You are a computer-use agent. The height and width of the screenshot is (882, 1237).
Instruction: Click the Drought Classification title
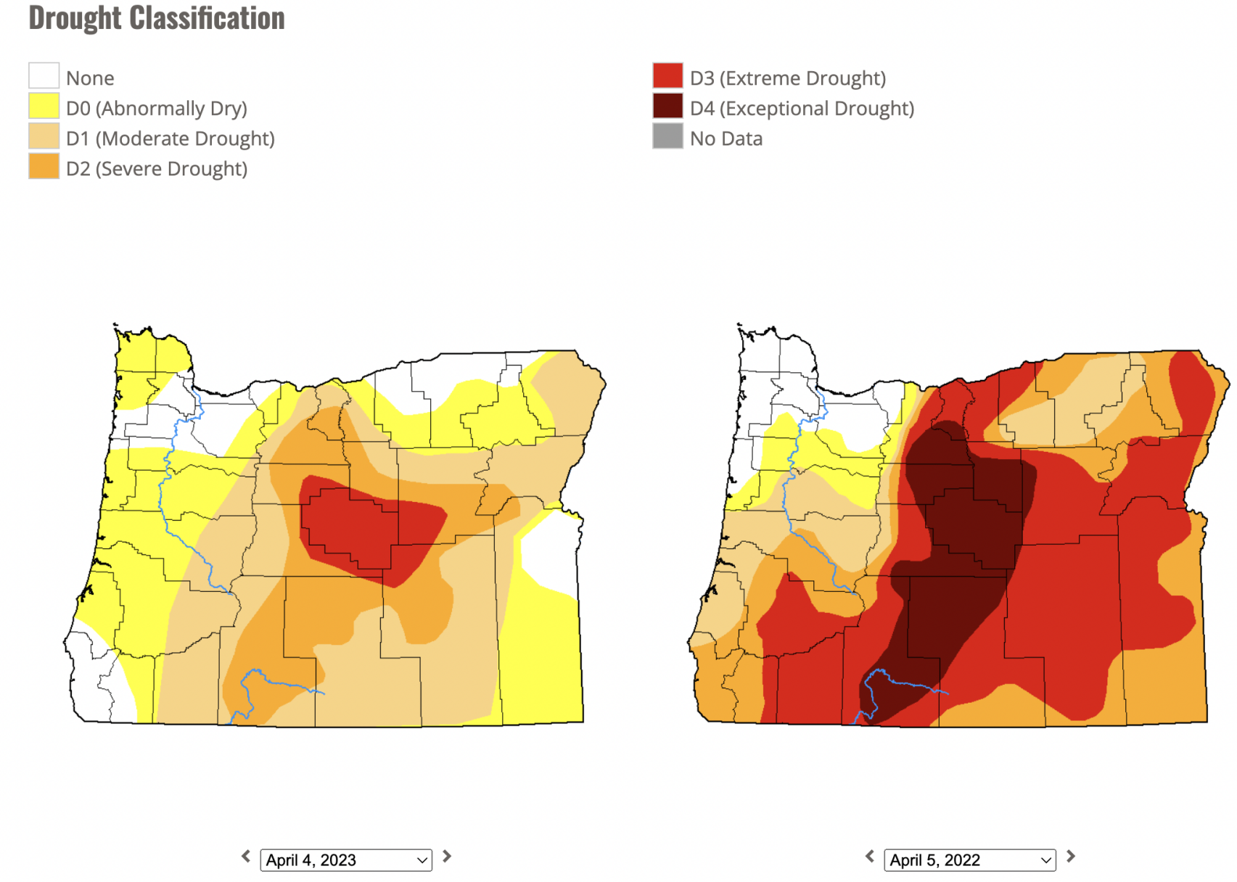(156, 18)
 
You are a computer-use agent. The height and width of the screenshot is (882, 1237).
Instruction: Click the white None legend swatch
(44, 75)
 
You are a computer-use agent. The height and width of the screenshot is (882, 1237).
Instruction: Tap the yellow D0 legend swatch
(44, 106)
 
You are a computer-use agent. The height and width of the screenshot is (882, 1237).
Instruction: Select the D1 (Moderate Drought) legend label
(170, 139)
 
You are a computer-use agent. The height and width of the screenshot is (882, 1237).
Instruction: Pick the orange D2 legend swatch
(44, 166)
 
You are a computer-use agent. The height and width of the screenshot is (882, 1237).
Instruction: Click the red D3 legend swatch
(667, 75)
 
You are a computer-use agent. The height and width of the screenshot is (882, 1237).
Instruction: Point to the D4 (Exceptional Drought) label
(801, 108)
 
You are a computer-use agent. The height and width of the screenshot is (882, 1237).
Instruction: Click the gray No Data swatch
(667, 136)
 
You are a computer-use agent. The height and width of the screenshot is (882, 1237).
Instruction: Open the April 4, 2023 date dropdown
(345, 860)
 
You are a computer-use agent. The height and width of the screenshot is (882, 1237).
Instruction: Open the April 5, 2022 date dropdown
(969, 860)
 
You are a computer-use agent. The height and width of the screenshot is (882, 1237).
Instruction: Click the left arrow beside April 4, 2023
(246, 857)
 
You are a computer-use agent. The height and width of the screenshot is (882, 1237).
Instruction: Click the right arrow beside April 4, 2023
(447, 857)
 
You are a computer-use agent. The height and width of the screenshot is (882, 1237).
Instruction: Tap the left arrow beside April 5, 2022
(870, 857)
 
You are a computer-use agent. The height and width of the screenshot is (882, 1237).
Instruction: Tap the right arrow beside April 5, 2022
(1071, 857)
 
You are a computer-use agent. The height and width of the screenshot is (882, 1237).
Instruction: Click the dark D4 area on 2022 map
(972, 522)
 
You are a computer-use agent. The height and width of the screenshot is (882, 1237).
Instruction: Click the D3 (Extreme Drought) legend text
(787, 78)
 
